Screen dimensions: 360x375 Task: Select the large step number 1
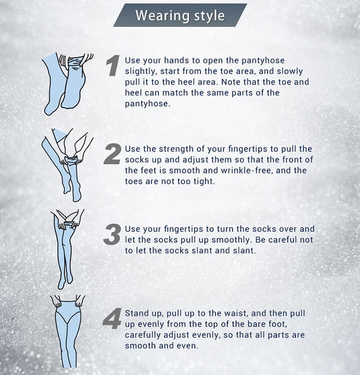tap(112, 65)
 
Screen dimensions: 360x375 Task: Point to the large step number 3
tap(112, 234)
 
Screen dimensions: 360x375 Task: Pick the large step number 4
tap(112, 319)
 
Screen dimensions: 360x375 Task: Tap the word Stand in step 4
tap(134, 313)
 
